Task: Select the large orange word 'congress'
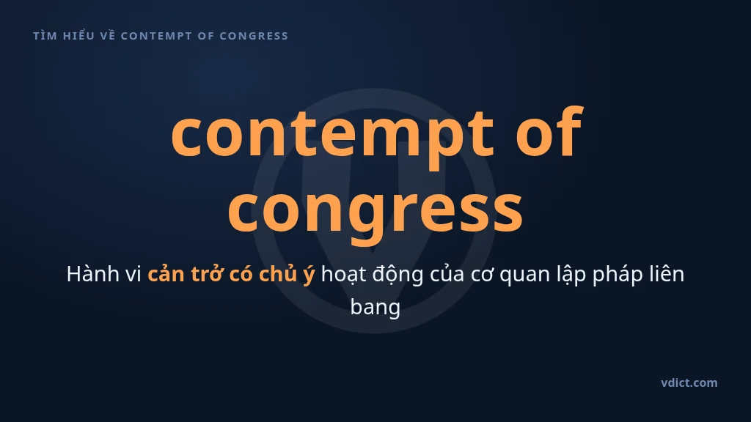375,212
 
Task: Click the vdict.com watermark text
689,382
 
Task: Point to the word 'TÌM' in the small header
45,36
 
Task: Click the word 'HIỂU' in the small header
79,35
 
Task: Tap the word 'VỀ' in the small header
108,35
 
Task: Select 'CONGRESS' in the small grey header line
254,36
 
